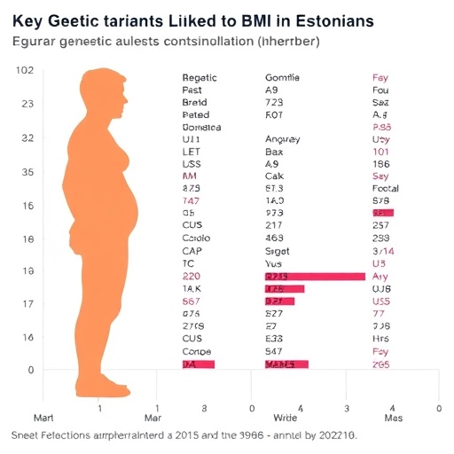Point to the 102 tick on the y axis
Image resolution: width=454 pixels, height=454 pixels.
coord(26,71)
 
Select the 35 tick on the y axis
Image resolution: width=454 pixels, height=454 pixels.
coord(26,172)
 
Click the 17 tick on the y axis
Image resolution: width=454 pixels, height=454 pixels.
coord(26,304)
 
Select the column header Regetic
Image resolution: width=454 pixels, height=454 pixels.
coord(200,78)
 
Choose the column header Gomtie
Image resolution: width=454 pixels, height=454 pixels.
coord(282,78)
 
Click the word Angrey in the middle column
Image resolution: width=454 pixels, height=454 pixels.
coord(283,139)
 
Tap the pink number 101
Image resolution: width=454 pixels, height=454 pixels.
coord(381,152)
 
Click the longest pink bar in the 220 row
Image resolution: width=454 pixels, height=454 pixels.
coord(315,277)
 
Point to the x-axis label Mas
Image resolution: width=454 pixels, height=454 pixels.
coord(393,418)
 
